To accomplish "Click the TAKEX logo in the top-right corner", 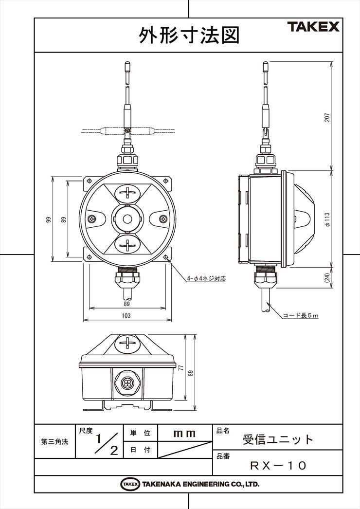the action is pyautogui.click(x=313, y=27).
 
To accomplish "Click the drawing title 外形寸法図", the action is pyautogui.click(x=189, y=35).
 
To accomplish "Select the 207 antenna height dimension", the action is pyautogui.click(x=327, y=117).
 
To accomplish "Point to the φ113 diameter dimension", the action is pyautogui.click(x=327, y=219).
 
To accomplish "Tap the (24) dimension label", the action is pyautogui.click(x=327, y=277).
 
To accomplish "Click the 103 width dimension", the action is pyautogui.click(x=126, y=315).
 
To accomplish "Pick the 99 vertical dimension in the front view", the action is pyautogui.click(x=49, y=219).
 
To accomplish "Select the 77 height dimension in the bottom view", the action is pyautogui.click(x=181, y=368).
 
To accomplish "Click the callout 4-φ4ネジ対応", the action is pyautogui.click(x=206, y=278).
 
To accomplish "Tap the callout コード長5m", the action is pyautogui.click(x=301, y=315).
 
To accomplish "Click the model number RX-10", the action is pyautogui.click(x=278, y=466).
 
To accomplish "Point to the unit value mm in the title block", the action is pyautogui.click(x=184, y=434).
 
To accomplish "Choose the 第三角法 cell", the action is pyautogui.click(x=54, y=441).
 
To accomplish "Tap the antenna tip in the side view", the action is pyautogui.click(x=266, y=65).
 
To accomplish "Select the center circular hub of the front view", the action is pyautogui.click(x=127, y=219).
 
